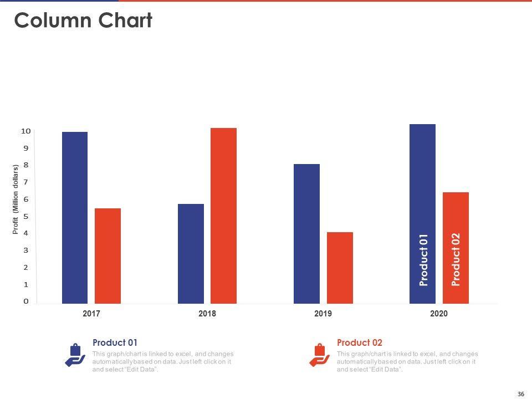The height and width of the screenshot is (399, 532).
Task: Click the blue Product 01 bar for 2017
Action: tap(74, 217)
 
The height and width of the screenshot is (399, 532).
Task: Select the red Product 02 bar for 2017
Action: tap(108, 255)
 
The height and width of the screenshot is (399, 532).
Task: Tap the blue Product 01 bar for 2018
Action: tap(191, 253)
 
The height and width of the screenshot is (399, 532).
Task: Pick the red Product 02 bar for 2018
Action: tap(223, 216)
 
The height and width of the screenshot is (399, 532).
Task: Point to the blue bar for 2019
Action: tap(306, 233)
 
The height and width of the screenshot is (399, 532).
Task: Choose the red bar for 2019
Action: tap(340, 268)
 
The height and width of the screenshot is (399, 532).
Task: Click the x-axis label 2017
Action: tap(91, 314)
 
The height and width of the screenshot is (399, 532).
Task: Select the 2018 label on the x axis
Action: tap(207, 314)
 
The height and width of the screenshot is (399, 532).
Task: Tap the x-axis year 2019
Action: tap(323, 314)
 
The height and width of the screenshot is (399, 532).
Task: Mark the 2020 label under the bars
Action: tap(439, 314)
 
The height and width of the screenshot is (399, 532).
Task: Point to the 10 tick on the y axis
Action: tap(25, 131)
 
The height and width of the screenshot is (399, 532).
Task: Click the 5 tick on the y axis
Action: tap(25, 216)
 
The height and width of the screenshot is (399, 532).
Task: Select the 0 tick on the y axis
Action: tap(25, 301)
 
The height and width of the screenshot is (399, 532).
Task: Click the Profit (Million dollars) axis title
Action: tap(16, 198)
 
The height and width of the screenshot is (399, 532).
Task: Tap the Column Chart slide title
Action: tap(83, 21)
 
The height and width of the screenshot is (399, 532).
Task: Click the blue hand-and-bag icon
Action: tap(75, 355)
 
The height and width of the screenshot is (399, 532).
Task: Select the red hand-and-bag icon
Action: tap(319, 355)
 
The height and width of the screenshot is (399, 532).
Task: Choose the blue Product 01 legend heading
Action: tap(115, 342)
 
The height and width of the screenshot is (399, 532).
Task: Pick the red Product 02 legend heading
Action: tap(359, 342)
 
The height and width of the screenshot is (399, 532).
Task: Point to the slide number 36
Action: tap(520, 393)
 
